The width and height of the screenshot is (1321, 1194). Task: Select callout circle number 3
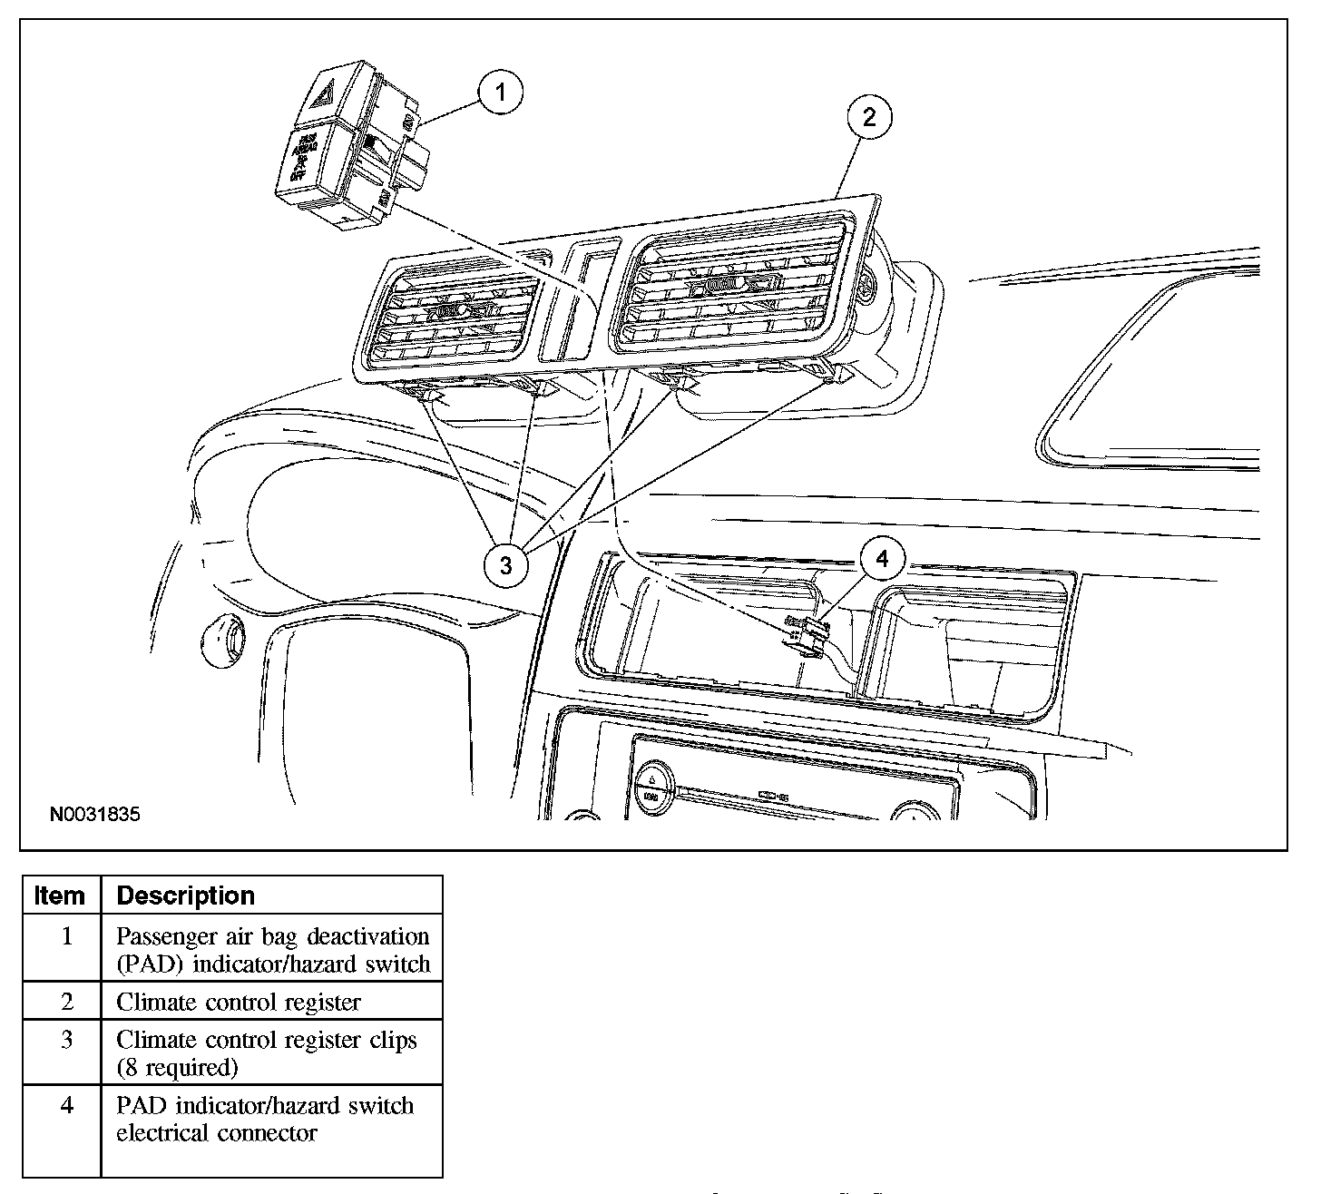pos(505,564)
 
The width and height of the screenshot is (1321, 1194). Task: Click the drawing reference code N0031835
pos(94,814)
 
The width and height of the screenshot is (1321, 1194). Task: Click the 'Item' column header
pos(59,895)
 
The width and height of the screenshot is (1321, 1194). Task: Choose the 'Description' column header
pos(186,895)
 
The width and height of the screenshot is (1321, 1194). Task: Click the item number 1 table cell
pos(65,935)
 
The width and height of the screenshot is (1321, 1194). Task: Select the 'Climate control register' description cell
pos(239,1002)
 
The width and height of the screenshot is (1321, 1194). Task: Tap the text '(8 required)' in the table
pos(177,1067)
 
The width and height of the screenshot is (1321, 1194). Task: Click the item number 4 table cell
pos(65,1106)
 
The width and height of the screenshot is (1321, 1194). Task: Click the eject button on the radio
pos(652,780)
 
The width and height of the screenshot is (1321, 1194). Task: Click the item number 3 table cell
pos(65,1040)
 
